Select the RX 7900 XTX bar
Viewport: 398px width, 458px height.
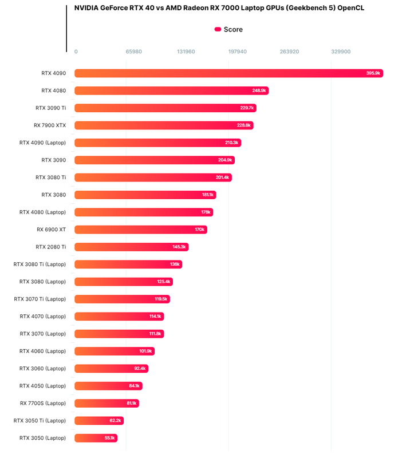pos(163,125)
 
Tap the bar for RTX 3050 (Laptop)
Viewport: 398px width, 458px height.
pos(96,438)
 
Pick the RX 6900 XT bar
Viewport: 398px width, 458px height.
pos(140,230)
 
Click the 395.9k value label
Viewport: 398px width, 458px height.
pos(373,73)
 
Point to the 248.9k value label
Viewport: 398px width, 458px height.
pos(259,90)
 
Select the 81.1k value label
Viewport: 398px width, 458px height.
pos(132,403)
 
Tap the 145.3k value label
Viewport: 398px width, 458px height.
pos(180,247)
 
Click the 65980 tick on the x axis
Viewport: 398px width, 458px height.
pos(134,52)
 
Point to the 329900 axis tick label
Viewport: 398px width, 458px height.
pos(341,52)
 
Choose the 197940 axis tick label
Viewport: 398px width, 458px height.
pos(238,52)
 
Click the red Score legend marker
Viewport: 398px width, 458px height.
pos(218,29)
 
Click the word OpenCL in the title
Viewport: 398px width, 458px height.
pos(349,8)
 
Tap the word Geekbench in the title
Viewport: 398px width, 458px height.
pos(291,8)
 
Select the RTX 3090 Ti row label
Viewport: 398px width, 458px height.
pos(50,108)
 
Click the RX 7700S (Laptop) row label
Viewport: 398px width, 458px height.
pos(43,403)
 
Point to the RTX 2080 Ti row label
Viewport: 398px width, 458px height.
pos(50,247)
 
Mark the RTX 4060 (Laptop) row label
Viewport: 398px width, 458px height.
pos(43,351)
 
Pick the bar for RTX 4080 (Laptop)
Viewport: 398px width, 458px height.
pos(144,212)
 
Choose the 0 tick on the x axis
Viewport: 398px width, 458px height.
pos(76,52)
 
